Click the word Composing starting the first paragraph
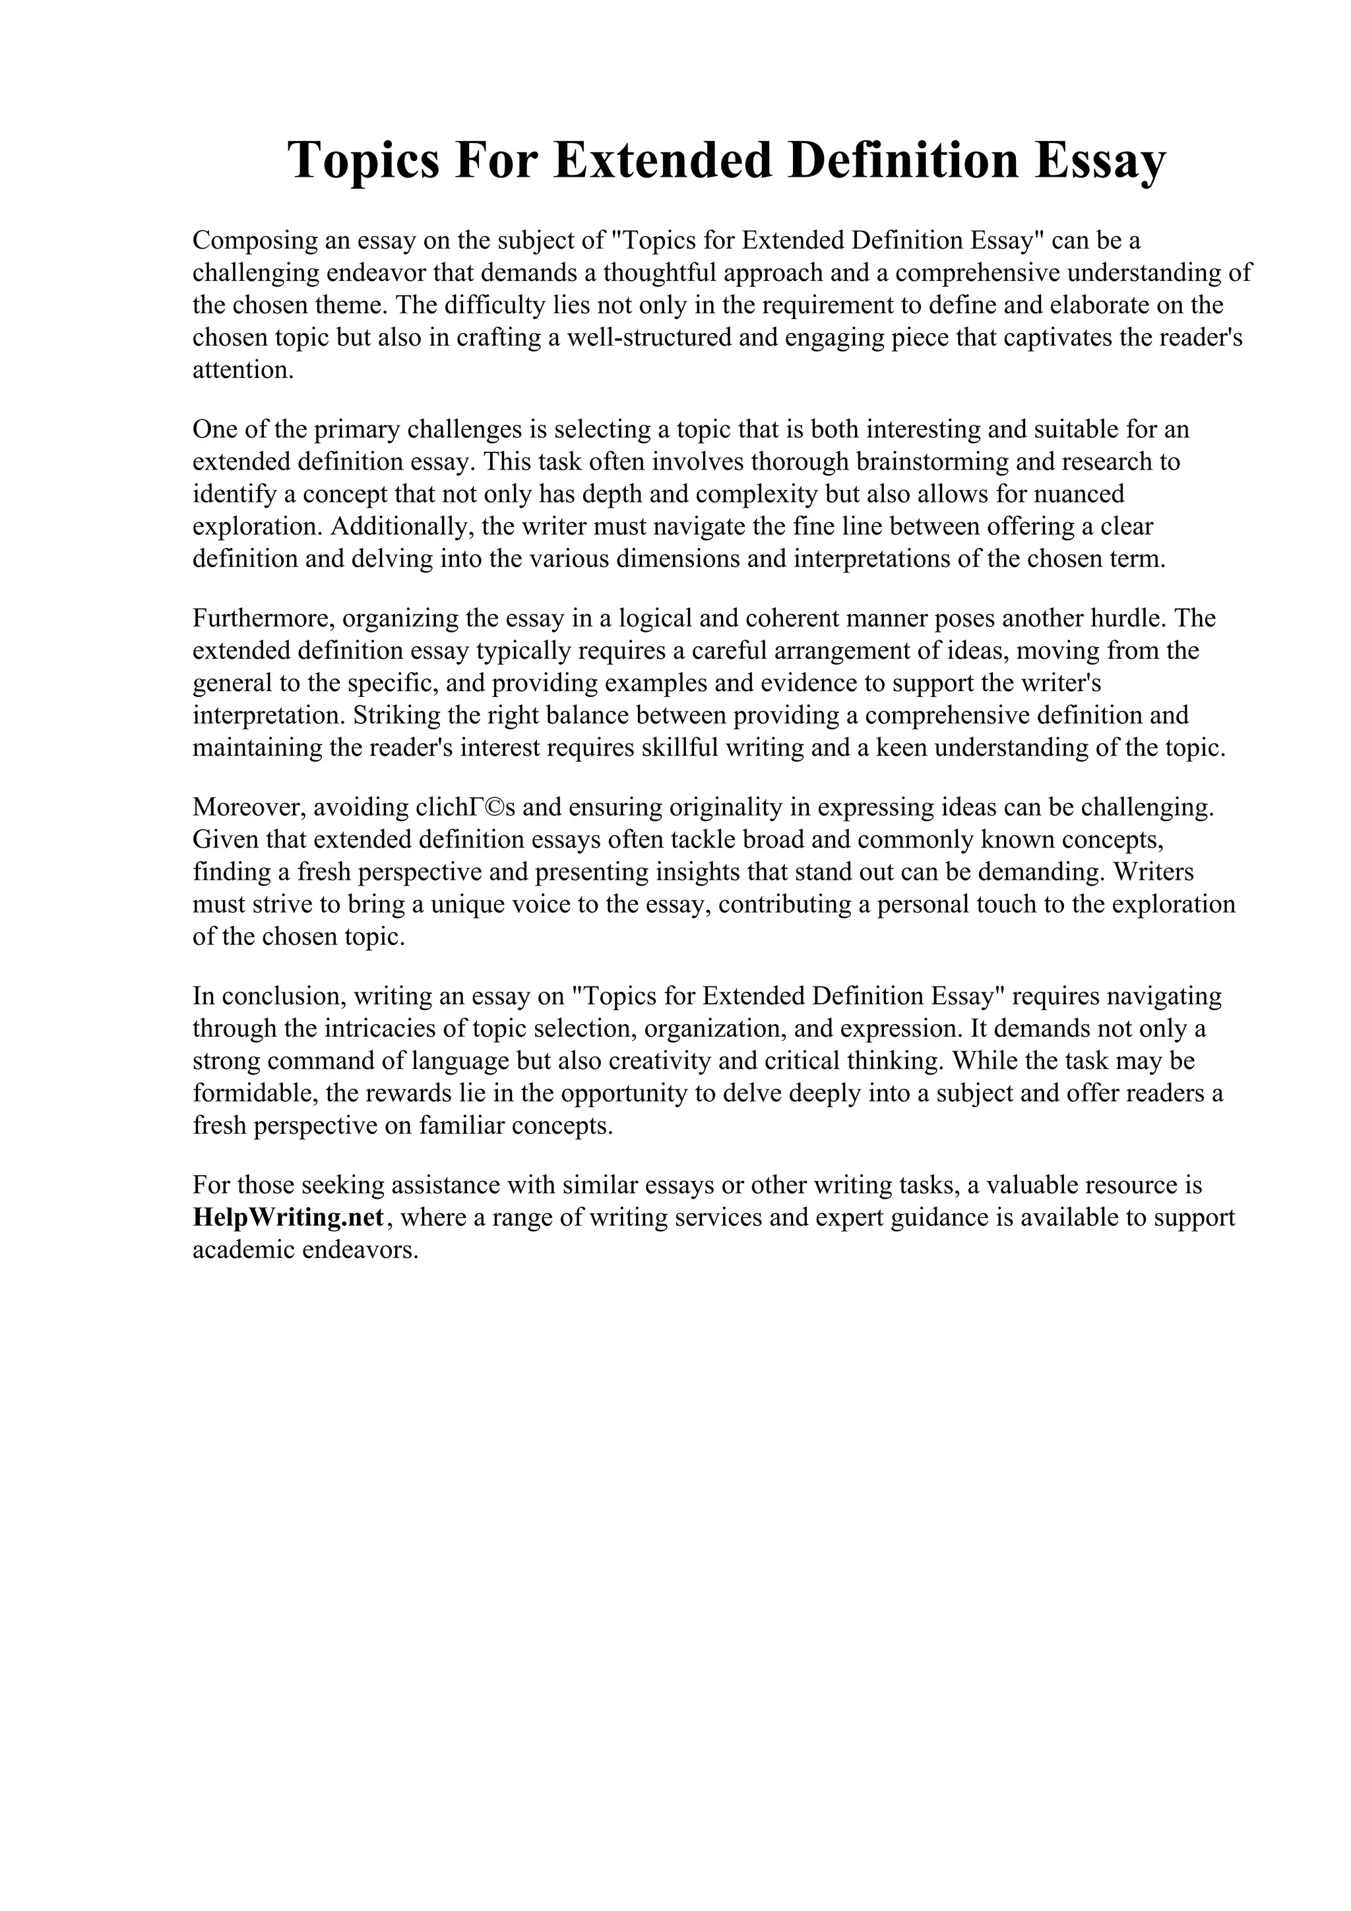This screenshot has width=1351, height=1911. [257, 241]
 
